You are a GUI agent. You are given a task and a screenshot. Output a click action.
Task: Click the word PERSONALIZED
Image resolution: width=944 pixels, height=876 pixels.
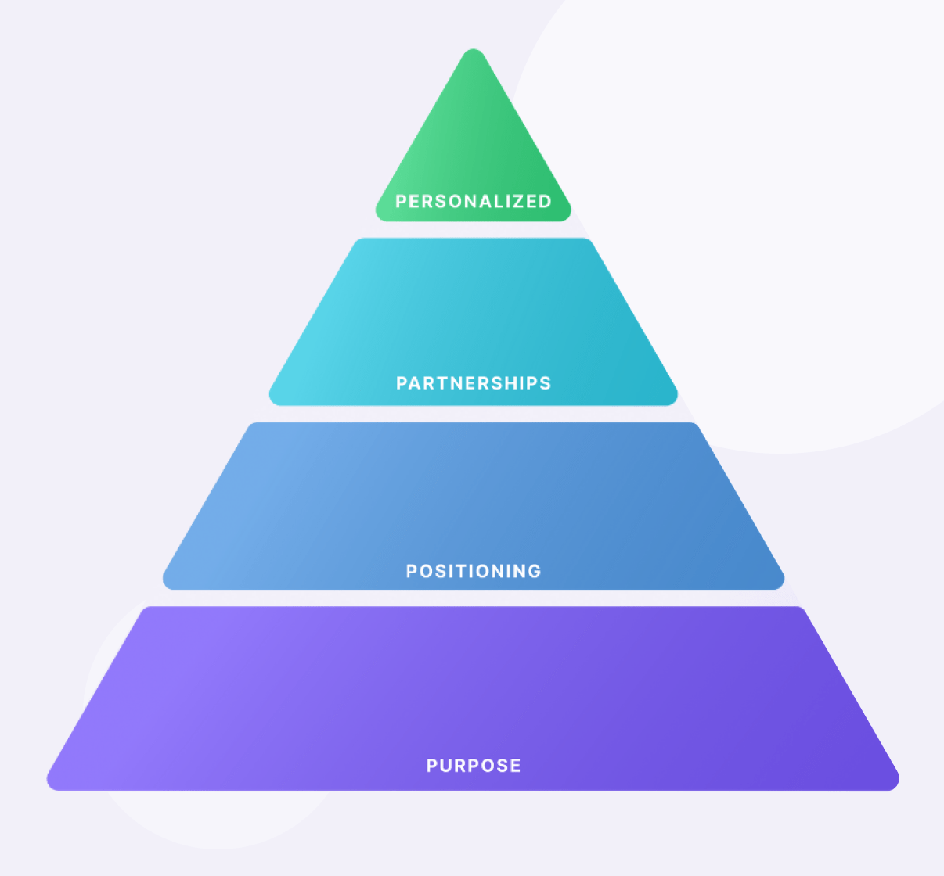coord(474,202)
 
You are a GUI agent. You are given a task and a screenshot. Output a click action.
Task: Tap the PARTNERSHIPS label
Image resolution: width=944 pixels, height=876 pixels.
coord(474,383)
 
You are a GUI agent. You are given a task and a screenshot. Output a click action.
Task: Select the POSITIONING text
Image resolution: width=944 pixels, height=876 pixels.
coord(474,571)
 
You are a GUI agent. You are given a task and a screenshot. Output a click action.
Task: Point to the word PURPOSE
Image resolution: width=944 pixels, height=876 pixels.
coord(474,765)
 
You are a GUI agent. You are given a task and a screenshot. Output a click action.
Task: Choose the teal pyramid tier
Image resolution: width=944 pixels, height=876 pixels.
coord(474,321)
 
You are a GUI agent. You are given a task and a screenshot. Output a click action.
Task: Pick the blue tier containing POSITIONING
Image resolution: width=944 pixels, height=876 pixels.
coord(474,506)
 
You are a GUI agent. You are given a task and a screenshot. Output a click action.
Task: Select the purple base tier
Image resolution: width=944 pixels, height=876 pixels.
coord(474,698)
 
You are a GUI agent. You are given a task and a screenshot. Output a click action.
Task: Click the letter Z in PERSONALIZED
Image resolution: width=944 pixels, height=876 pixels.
coord(513,202)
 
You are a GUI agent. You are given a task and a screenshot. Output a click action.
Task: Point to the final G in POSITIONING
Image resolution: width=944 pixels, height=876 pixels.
coord(535,571)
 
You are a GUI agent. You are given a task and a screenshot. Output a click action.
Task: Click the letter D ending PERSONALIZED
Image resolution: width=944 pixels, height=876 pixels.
coord(545,202)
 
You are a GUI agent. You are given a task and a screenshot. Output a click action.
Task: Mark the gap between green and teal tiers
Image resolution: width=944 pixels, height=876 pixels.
coord(474,230)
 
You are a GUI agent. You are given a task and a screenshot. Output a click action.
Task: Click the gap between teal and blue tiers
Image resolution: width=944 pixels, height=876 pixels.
coord(474,414)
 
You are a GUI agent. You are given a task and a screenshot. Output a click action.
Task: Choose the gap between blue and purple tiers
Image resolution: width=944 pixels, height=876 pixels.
coord(474,598)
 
